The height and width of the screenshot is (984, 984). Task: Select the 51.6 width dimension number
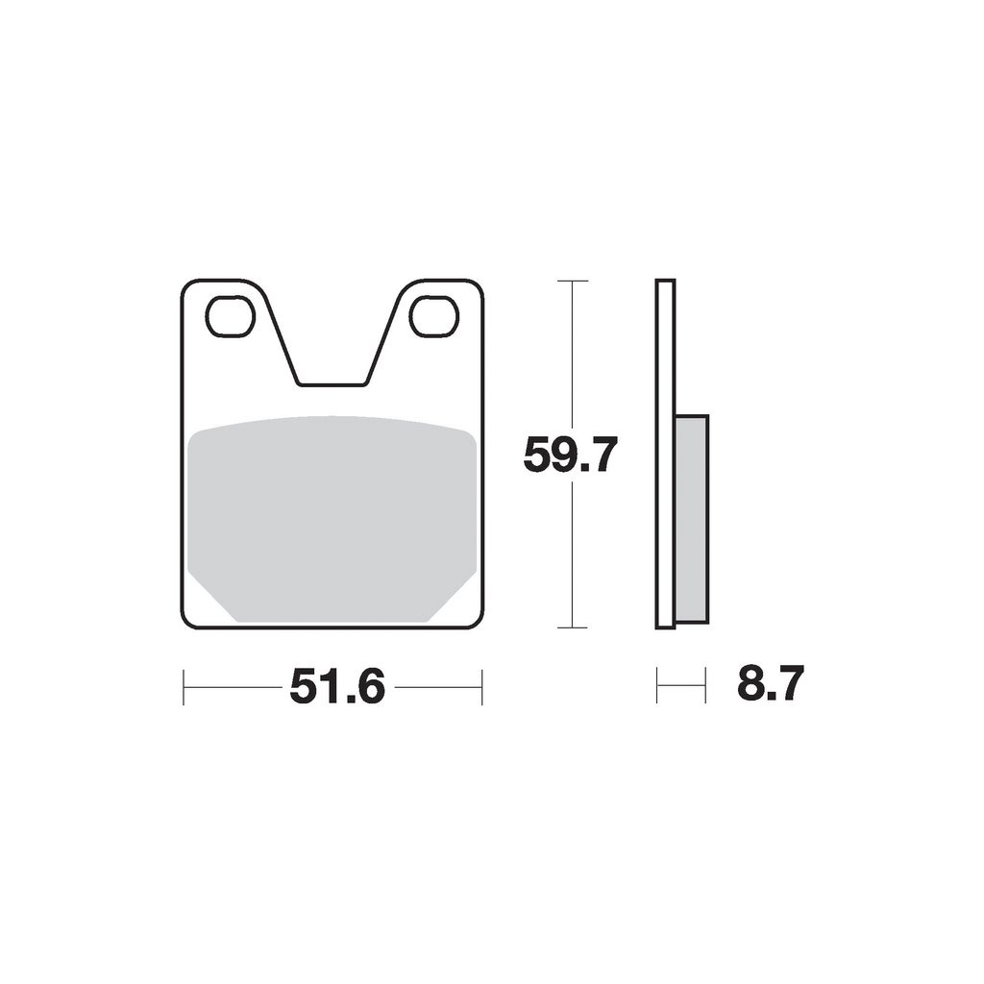[337, 686]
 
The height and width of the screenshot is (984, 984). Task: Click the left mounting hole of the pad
[230, 317]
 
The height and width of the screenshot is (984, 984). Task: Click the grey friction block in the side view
[692, 520]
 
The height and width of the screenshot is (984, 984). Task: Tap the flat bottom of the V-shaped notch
[332, 384]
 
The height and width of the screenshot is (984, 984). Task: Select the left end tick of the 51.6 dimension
[184, 687]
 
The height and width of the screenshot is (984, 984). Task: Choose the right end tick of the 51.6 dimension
[482, 687]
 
